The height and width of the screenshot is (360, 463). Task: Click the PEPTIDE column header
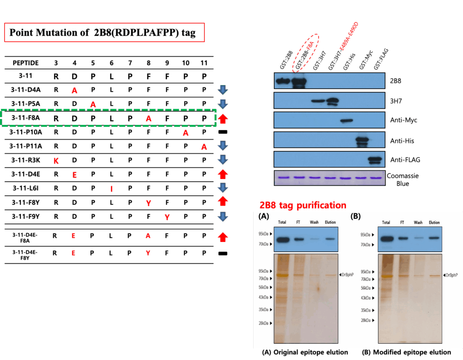tap(25, 63)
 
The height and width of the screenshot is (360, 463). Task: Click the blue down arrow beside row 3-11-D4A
tap(222, 90)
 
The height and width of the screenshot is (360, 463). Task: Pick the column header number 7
tap(130, 63)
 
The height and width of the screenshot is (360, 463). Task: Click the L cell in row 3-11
tap(111, 77)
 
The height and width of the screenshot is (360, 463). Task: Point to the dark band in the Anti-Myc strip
tap(346, 121)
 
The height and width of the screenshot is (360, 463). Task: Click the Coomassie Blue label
tap(402, 178)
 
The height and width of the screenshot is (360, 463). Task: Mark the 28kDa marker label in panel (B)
tap(366, 320)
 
